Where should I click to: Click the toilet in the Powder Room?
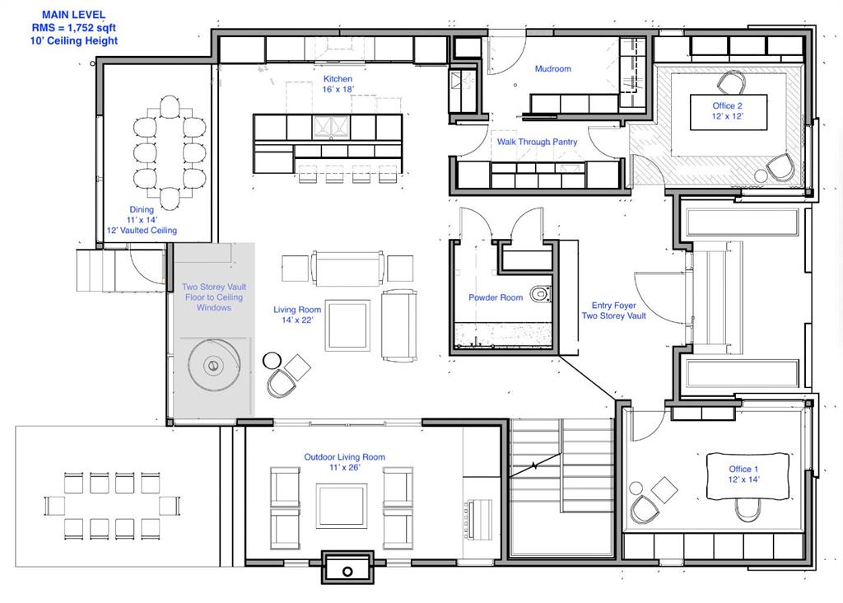pos(540,294)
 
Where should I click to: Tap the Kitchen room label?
pos(338,79)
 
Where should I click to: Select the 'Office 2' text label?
pos(728,105)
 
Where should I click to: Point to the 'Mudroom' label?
pos(552,69)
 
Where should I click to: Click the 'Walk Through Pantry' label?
pos(537,142)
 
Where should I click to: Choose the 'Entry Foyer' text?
pos(614,305)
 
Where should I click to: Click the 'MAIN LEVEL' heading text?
pos(73,15)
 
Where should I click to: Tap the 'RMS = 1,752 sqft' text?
pos(73,28)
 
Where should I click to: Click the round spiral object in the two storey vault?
pos(214,366)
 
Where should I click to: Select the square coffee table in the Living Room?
pos(347,325)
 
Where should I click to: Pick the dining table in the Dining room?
pos(170,152)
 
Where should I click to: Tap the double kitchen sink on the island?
pos(331,127)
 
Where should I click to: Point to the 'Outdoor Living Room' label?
pos(345,457)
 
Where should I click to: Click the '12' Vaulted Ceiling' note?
pos(142,230)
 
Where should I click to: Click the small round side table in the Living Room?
pos(272,361)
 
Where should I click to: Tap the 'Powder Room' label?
pos(496,297)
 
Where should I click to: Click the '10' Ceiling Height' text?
pos(73,41)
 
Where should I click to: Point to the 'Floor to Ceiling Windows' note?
pos(214,302)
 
